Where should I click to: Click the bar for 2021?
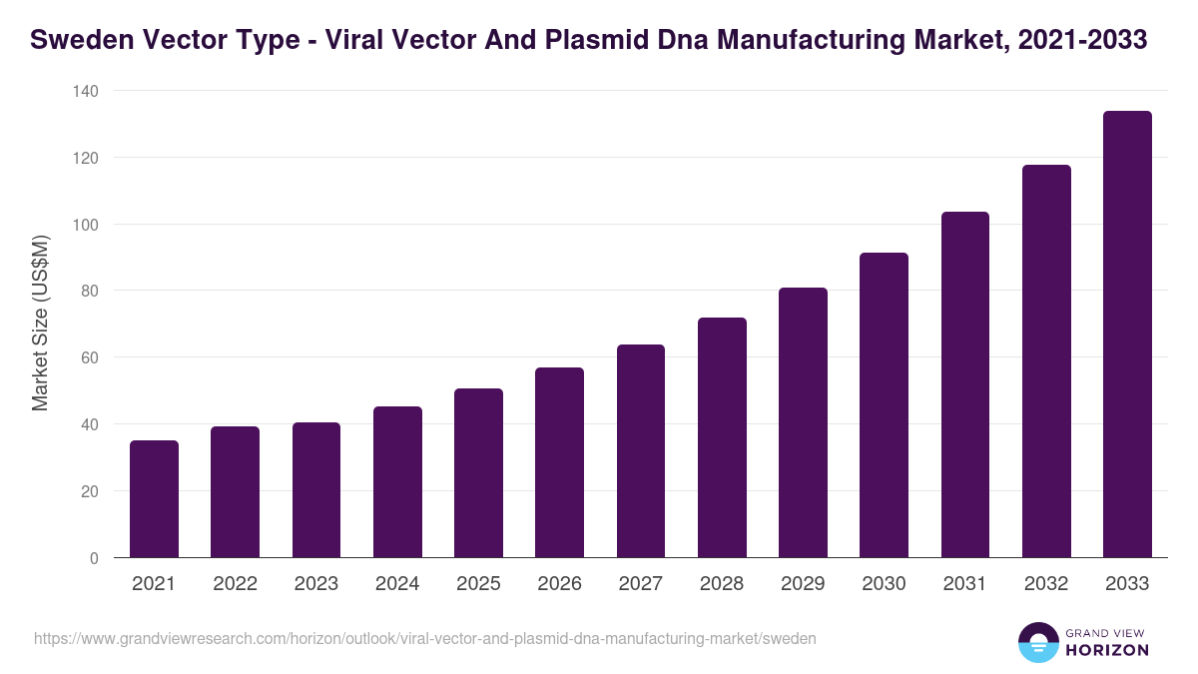(154, 499)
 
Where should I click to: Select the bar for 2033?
(1127, 335)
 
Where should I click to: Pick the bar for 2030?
(884, 405)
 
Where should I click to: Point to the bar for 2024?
(397, 482)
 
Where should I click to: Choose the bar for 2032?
(1046, 361)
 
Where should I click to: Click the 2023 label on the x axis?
(316, 584)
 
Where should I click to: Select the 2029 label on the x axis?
(803, 584)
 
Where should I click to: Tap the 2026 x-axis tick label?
(559, 584)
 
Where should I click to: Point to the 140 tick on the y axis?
(86, 91)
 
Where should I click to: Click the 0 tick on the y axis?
(94, 558)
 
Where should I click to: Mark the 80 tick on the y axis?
(89, 292)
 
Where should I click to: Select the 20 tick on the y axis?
(89, 491)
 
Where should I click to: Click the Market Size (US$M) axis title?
(40, 324)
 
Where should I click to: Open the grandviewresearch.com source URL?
(425, 638)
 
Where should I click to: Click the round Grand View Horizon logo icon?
(1038, 642)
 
